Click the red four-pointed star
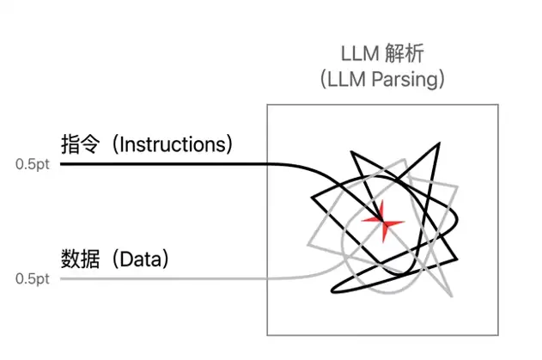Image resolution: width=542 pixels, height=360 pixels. (x=383, y=222)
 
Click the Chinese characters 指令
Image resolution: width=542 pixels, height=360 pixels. (x=81, y=144)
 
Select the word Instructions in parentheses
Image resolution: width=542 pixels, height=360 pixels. (x=174, y=144)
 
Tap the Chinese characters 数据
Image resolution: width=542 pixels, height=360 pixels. (x=81, y=259)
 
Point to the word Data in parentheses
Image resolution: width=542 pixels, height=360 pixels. (x=141, y=259)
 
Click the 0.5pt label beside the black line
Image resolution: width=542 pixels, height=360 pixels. (x=33, y=164)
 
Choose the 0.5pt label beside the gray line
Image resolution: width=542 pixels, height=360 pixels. (x=33, y=278)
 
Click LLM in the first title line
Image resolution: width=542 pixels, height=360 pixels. (x=360, y=54)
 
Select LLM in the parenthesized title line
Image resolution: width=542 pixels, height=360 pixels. (x=346, y=79)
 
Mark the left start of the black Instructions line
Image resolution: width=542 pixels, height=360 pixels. (x=61, y=164)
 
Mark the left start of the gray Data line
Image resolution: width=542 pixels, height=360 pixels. (x=61, y=278)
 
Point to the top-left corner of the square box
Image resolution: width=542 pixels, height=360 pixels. (x=267, y=105)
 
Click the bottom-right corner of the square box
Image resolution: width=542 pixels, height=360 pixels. (x=498, y=335)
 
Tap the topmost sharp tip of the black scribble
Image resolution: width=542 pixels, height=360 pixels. (x=439, y=143)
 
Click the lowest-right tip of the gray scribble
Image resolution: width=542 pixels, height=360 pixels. (x=452, y=296)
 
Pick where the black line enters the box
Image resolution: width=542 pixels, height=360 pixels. (x=267, y=164)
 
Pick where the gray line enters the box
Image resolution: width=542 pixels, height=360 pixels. (x=267, y=278)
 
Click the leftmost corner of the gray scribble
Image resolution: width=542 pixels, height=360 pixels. (x=308, y=245)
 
